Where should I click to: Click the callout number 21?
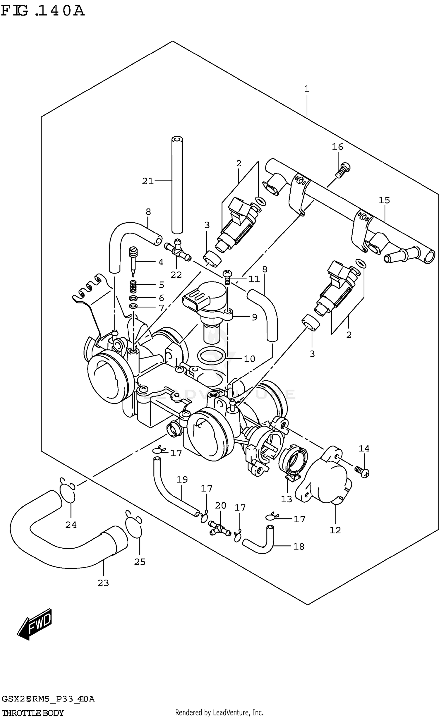point(148,181)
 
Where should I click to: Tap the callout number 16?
point(337,147)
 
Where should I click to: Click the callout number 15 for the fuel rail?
point(384,200)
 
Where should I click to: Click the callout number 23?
point(103,583)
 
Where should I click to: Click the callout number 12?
point(335,530)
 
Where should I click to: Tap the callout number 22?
point(176,275)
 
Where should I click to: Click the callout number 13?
point(287,499)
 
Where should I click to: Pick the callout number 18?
point(299,547)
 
